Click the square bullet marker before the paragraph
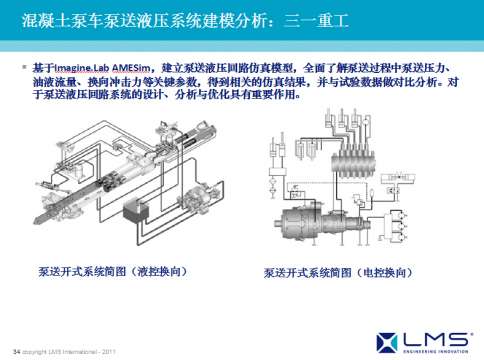(x=25, y=65)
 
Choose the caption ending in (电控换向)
(x=337, y=272)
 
